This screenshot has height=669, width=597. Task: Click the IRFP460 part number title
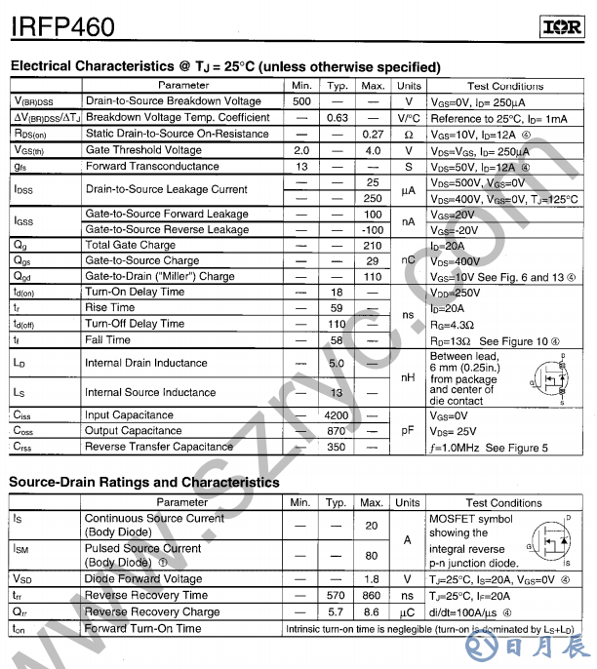tap(62, 26)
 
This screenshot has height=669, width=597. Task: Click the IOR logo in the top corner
tap(561, 27)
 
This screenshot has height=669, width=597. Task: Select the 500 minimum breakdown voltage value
tap(301, 101)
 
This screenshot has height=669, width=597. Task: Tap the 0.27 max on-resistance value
tap(373, 135)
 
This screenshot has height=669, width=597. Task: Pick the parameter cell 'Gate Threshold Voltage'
tap(143, 151)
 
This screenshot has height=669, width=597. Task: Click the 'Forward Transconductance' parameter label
tap(152, 167)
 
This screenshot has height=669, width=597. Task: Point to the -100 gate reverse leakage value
tap(373, 230)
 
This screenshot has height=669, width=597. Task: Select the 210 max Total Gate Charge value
tap(373, 246)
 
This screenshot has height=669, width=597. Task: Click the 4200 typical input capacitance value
tap(337, 415)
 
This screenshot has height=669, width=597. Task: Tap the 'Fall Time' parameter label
tap(107, 340)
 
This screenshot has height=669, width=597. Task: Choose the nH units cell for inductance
tap(408, 377)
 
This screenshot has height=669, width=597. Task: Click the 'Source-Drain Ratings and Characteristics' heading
tap(144, 483)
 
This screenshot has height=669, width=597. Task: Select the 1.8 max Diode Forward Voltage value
tap(372, 579)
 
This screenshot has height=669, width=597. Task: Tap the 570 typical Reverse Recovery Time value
tap(337, 596)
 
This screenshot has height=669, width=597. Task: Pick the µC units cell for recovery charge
tap(408, 612)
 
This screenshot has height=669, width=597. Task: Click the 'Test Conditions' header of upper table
tap(504, 86)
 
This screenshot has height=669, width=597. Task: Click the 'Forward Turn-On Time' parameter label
tap(143, 629)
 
